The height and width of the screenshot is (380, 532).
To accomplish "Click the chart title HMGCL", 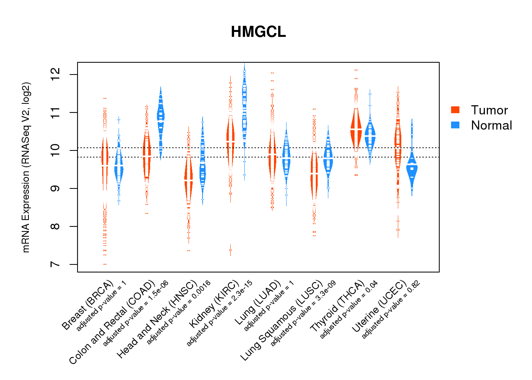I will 258,32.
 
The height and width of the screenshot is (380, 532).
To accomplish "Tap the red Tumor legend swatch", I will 455,110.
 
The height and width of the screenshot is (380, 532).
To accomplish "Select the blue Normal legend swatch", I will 455,125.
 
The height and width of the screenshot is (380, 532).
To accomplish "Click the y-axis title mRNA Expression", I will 26,167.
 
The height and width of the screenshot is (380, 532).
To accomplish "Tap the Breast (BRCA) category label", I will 87,305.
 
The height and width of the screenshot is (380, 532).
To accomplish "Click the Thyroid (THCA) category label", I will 337,307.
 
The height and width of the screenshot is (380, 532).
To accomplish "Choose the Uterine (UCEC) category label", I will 379,307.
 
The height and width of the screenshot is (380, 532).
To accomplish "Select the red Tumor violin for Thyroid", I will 356,129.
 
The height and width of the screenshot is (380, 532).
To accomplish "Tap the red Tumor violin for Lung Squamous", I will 314,175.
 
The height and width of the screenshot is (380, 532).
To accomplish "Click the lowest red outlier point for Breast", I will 105,264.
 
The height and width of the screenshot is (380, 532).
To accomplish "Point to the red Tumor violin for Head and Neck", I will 188,179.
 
